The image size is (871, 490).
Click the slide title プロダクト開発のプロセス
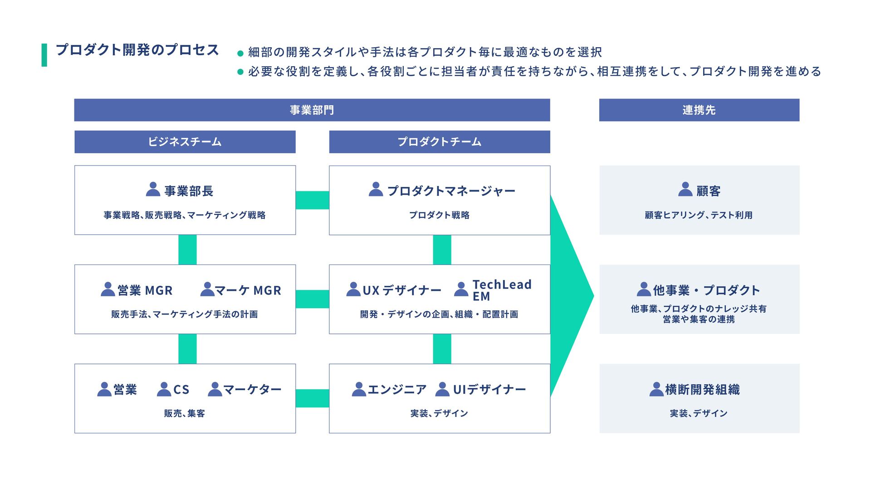pyautogui.click(x=137, y=50)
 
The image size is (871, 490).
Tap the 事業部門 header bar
pyautogui.click(x=312, y=110)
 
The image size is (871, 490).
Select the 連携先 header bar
pyautogui.click(x=699, y=110)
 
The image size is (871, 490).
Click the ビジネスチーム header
pyautogui.click(x=185, y=142)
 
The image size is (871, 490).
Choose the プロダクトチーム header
pyautogui.click(x=439, y=142)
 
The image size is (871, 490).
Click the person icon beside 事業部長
pyautogui.click(x=153, y=189)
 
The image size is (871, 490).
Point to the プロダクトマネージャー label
pyautogui.click(x=451, y=191)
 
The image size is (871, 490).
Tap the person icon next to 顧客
pyautogui.click(x=685, y=189)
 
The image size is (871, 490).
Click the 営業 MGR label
pyautogui.click(x=145, y=290)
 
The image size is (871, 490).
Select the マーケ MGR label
pyautogui.click(x=248, y=290)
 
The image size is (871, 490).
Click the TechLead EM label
pyautogui.click(x=501, y=290)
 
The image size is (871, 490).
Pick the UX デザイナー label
pyautogui.click(x=401, y=290)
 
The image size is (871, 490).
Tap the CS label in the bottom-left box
pyautogui.click(x=181, y=390)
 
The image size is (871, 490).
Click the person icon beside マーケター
pyautogui.click(x=215, y=389)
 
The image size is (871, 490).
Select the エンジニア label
pyautogui.click(x=397, y=390)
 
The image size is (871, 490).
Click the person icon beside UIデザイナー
pyautogui.click(x=442, y=389)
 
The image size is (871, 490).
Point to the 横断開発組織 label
pyautogui.click(x=702, y=390)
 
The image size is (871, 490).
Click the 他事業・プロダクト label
pyautogui.click(x=706, y=290)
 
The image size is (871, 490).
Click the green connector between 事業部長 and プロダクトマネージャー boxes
pyautogui.click(x=312, y=200)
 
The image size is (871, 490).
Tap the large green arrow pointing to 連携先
pyautogui.click(x=569, y=296)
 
